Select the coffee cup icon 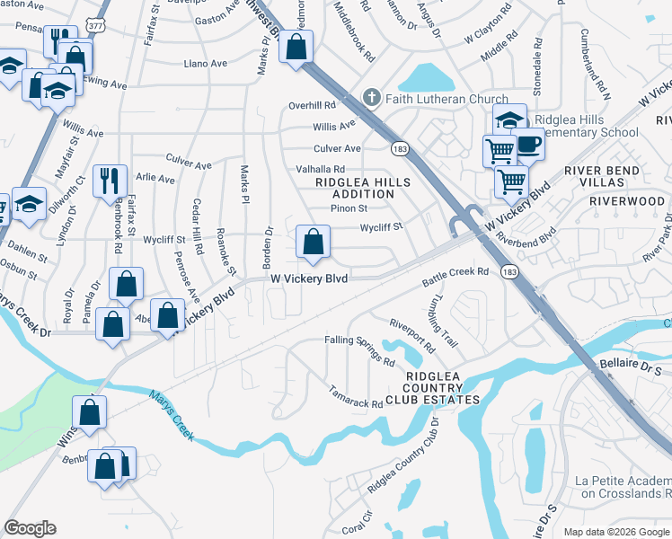(x=528, y=142)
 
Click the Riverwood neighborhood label (x=625, y=201)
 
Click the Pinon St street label (x=349, y=208)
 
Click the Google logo (x=31, y=528)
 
